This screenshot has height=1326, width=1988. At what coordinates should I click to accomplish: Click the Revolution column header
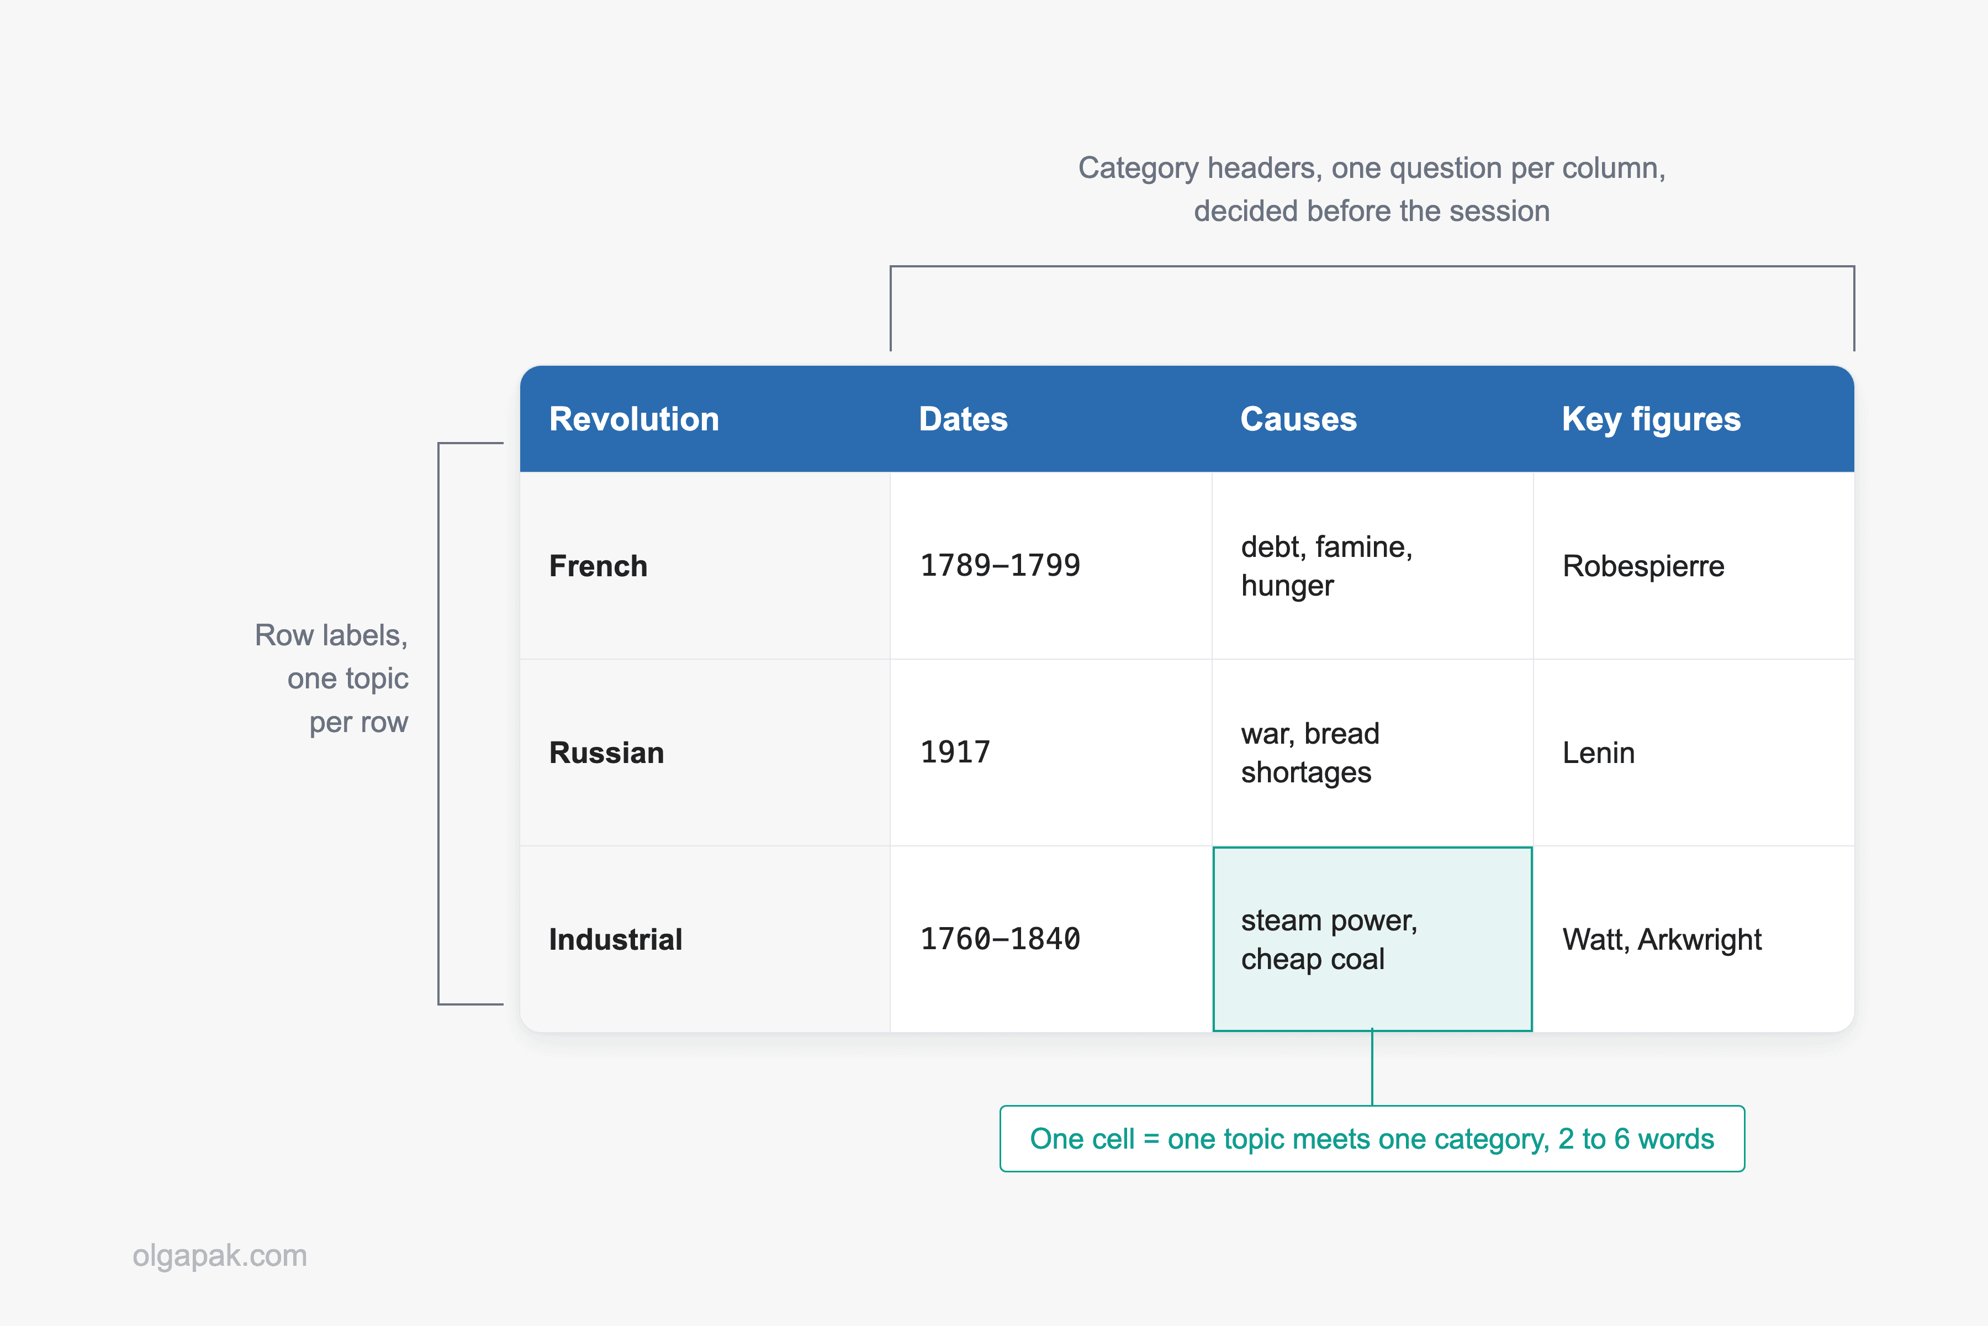634,419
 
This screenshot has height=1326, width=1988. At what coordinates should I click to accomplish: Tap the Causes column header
1298,419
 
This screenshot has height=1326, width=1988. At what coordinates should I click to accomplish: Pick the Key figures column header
1651,419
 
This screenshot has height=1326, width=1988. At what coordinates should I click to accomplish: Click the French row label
599,566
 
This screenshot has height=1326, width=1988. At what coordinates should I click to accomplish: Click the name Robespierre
1643,566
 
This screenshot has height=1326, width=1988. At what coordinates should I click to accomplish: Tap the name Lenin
1598,753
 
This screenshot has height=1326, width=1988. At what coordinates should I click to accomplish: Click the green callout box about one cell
1372,1138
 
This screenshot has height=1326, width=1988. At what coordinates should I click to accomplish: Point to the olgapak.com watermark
220,1256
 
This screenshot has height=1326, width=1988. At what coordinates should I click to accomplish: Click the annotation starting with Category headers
1372,190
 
